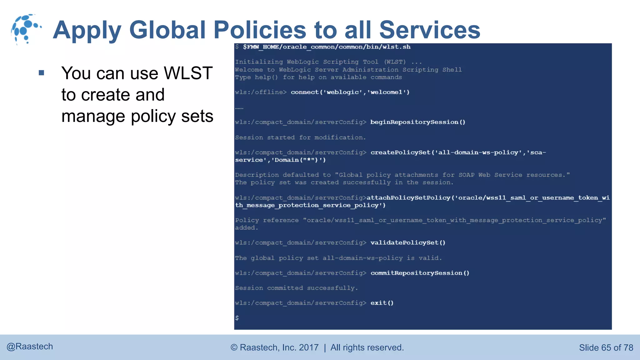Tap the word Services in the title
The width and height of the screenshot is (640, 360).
click(x=430, y=30)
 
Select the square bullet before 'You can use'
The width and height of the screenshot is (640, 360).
click(x=41, y=73)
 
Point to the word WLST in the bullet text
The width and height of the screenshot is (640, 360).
click(x=188, y=73)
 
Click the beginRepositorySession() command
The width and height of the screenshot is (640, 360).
click(x=418, y=122)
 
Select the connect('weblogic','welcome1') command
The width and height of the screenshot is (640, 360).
click(x=350, y=92)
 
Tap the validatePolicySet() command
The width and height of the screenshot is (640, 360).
click(x=408, y=243)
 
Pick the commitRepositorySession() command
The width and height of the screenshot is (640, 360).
click(x=420, y=273)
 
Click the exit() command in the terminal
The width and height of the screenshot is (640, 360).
click(x=382, y=303)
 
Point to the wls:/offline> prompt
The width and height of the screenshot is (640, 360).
click(x=261, y=92)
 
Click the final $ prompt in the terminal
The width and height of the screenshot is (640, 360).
click(x=237, y=318)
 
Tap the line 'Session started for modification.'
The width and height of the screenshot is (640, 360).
click(x=300, y=137)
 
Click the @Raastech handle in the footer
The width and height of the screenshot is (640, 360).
click(x=30, y=347)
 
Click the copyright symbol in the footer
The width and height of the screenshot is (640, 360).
click(x=234, y=347)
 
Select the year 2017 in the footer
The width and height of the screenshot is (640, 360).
click(x=309, y=347)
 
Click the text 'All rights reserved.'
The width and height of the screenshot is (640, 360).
click(x=367, y=347)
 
